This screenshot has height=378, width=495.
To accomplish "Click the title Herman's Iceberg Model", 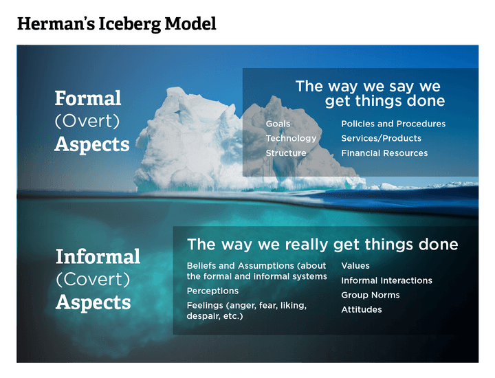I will click(x=116, y=25).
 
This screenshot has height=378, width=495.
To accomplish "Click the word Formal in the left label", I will click(x=88, y=98).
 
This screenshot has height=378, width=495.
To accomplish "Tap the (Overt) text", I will click(x=87, y=122).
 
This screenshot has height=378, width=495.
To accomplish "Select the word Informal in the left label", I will click(x=98, y=257).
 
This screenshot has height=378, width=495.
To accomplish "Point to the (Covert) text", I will click(x=93, y=280).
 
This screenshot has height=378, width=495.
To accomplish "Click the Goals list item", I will click(x=278, y=124).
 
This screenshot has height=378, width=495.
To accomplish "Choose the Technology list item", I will click(x=291, y=138).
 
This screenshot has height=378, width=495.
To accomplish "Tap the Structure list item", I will click(x=286, y=153).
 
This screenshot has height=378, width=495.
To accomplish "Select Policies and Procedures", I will click(x=393, y=124).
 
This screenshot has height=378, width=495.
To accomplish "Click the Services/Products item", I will click(x=381, y=138).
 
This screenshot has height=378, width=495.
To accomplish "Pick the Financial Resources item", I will click(x=384, y=153).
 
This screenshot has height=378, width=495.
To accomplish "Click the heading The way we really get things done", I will click(x=322, y=245).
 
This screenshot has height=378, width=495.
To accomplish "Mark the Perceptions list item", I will click(x=212, y=291).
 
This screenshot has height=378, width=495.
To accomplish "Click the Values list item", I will click(x=355, y=265).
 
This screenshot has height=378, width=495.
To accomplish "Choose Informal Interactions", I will click(x=386, y=280).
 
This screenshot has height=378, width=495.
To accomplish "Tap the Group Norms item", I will click(x=370, y=295).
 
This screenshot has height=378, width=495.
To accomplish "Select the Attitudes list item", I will click(x=361, y=309).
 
